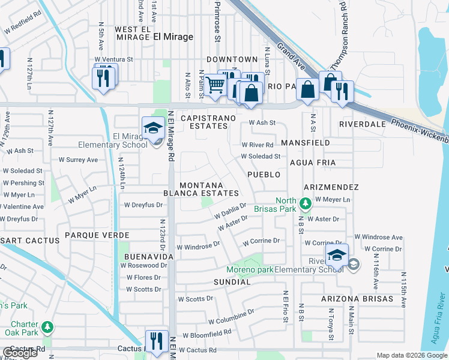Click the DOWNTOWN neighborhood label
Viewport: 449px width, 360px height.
point(232,59)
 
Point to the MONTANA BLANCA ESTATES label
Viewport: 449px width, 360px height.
point(201,189)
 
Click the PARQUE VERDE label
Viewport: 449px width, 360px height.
point(89,235)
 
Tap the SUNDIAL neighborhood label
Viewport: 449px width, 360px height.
point(231,281)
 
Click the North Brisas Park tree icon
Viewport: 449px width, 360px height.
point(306,205)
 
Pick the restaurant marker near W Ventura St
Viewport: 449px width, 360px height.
point(103,77)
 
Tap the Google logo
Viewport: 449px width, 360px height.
point(20,353)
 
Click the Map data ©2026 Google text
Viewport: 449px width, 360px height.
point(411,355)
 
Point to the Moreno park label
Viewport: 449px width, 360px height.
point(250,269)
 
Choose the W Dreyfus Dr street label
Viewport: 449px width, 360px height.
point(143,205)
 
